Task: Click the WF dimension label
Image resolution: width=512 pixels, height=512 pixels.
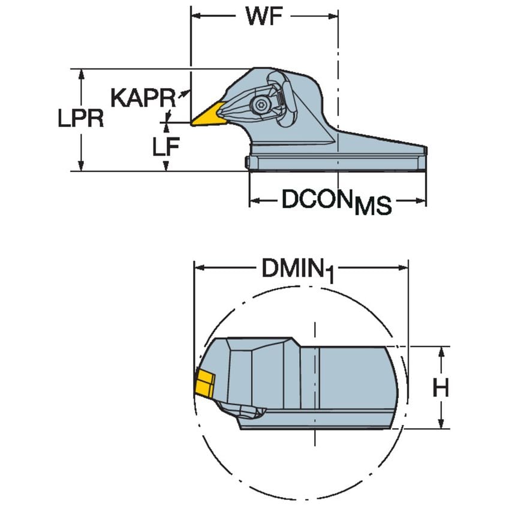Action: click(x=264, y=16)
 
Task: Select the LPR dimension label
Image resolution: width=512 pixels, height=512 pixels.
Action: click(x=81, y=119)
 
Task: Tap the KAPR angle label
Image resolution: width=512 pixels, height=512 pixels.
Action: click(x=143, y=97)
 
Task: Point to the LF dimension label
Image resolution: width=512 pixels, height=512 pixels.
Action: click(x=165, y=146)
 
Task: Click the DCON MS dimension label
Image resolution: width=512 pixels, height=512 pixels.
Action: click(x=336, y=202)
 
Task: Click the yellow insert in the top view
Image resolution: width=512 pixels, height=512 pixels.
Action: click(x=207, y=116)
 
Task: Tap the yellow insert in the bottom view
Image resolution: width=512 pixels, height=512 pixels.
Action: click(x=205, y=384)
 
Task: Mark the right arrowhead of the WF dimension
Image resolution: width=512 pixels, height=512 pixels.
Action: click(x=335, y=16)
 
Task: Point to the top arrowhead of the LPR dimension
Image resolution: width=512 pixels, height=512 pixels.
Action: click(x=81, y=73)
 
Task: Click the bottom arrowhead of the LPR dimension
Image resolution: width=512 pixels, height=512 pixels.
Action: click(x=81, y=167)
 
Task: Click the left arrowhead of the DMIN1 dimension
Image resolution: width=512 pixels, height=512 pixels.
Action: click(x=198, y=269)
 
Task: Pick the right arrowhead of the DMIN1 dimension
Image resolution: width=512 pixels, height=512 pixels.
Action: click(x=403, y=269)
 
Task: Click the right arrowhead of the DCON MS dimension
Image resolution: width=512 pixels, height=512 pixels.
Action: click(x=422, y=200)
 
